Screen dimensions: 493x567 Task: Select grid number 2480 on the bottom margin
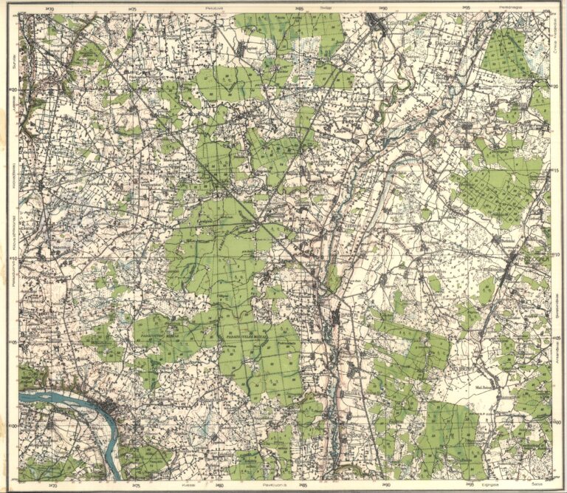[x=219, y=485]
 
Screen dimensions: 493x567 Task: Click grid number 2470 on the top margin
[x=49, y=9]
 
